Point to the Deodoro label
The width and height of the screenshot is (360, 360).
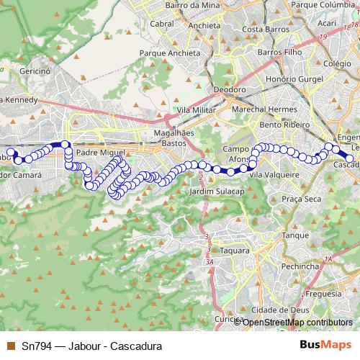pyautogui.click(x=230, y=90)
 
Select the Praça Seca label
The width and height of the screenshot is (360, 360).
pyautogui.click(x=301, y=198)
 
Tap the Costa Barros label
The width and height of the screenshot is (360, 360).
pyautogui.click(x=263, y=29)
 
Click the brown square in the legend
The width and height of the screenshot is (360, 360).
pyautogui.click(x=10, y=346)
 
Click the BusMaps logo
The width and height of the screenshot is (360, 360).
pyautogui.click(x=327, y=345)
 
